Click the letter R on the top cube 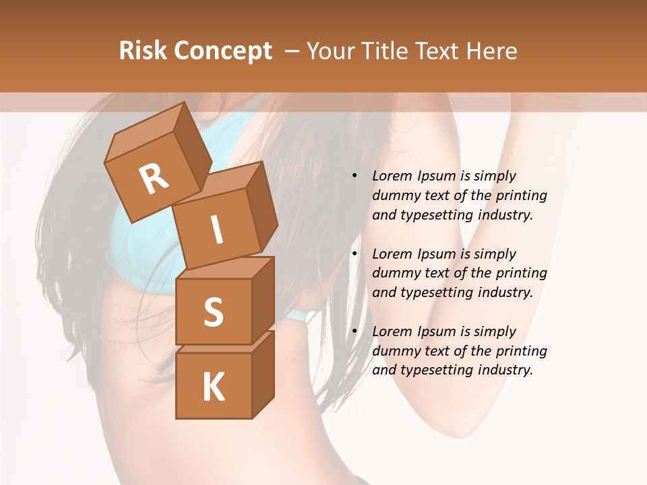pyautogui.click(x=154, y=179)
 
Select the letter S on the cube pyautogui.click(x=213, y=312)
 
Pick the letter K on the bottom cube pyautogui.click(x=213, y=387)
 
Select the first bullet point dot pyautogui.click(x=355, y=176)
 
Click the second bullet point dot pyautogui.click(x=355, y=254)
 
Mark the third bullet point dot pyautogui.click(x=355, y=331)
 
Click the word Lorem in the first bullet pyautogui.click(x=391, y=176)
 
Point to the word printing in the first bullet pyautogui.click(x=521, y=195)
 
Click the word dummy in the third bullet pyautogui.click(x=394, y=350)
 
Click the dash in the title pyautogui.click(x=292, y=51)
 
